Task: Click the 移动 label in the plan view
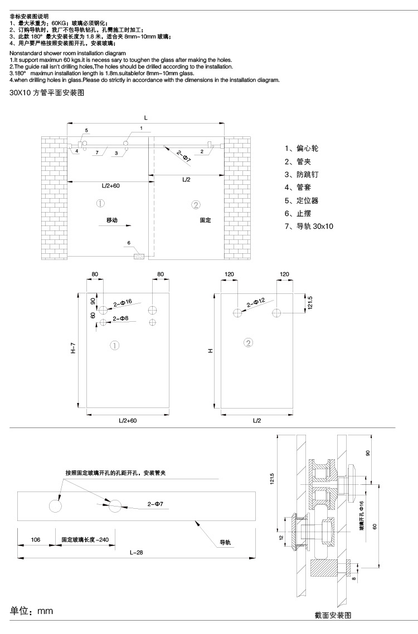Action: [113, 220]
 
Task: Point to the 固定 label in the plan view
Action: [206, 220]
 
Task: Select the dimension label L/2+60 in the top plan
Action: [111, 185]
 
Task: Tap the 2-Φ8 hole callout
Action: [120, 318]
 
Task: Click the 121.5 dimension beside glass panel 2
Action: [310, 303]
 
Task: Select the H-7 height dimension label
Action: [73, 349]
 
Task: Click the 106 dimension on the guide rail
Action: [36, 539]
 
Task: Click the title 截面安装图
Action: [333, 615]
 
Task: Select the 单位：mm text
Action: [32, 611]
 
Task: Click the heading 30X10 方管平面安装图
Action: [47, 95]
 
